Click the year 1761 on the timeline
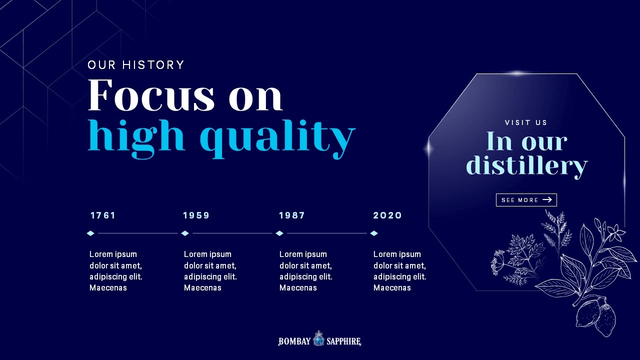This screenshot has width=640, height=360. [103, 215]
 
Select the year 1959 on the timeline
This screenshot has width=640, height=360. [196, 215]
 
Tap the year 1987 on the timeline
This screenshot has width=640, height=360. [292, 215]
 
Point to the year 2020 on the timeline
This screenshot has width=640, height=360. [387, 215]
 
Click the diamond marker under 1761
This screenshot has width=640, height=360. [90, 233]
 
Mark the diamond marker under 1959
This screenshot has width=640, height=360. [185, 233]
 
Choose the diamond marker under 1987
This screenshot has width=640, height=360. [279, 233]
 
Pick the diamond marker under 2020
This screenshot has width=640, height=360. [374, 233]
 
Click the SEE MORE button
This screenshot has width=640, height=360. [526, 200]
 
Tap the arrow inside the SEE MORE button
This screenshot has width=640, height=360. [547, 199]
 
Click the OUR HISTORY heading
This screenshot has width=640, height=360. [135, 65]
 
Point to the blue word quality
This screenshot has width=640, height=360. [277, 138]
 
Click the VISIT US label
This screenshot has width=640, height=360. [526, 122]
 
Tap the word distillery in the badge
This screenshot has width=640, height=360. [527, 166]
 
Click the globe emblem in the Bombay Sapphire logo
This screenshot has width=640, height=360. [318, 339]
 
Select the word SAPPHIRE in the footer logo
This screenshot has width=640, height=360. [344, 341]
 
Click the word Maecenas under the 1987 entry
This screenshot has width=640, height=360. [298, 287]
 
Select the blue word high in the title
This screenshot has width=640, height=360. [136, 138]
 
